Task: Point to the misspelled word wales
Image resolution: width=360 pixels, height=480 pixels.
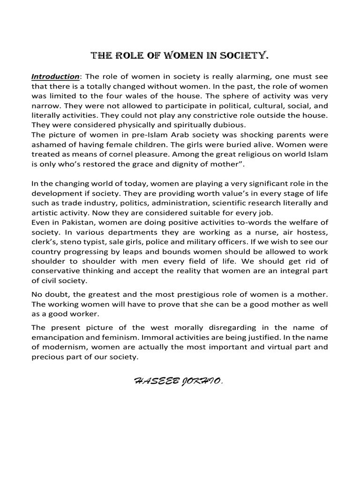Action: click(x=139, y=96)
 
